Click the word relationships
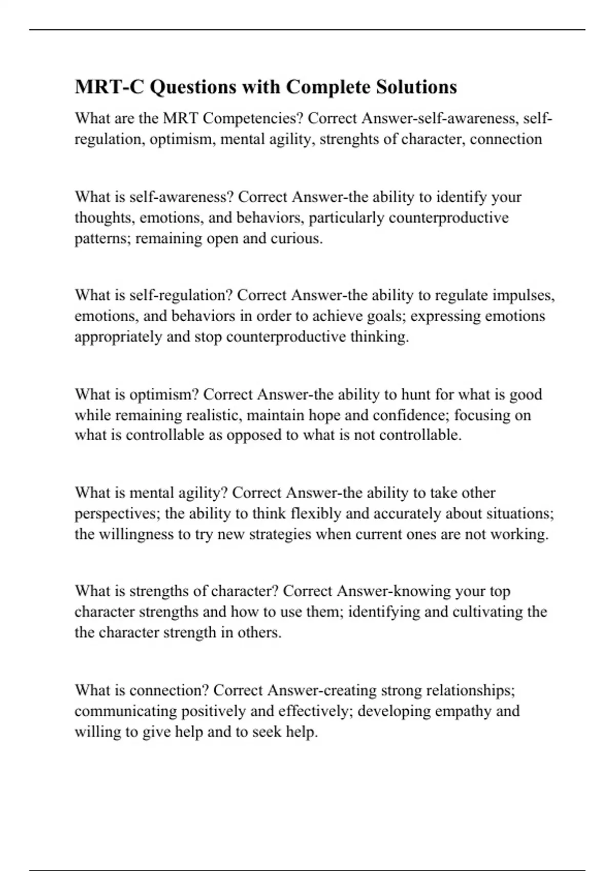(x=470, y=691)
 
